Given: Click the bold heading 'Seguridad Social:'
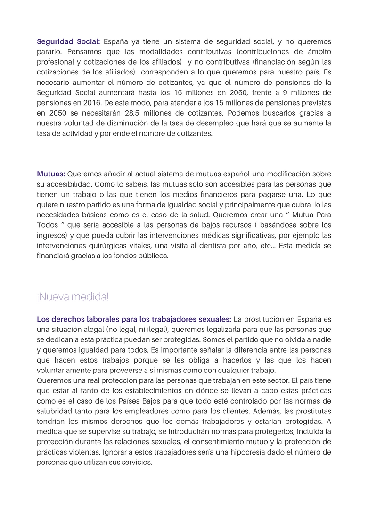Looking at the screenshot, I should pyautogui.click(x=68, y=41).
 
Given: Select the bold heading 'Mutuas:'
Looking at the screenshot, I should pyautogui.click(x=51, y=174).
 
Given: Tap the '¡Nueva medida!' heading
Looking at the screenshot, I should pyautogui.click(x=73, y=297).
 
